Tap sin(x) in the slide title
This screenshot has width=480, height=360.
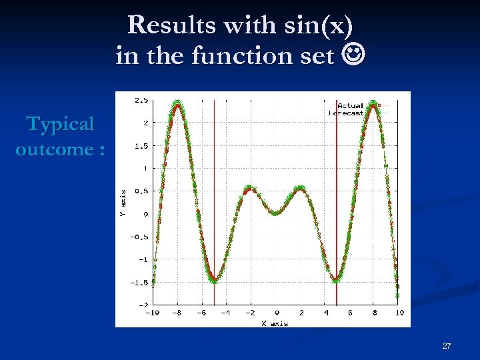(316, 26)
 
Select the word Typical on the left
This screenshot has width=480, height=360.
(61, 124)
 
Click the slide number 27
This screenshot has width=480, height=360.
(447, 346)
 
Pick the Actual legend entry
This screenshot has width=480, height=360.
(350, 105)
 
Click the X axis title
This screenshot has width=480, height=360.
(274, 323)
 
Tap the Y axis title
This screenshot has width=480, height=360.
(122, 203)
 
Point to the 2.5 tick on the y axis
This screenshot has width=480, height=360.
(141, 100)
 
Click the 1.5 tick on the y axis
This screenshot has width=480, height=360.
(141, 145)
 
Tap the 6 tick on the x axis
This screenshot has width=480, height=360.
(350, 313)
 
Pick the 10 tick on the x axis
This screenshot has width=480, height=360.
(399, 313)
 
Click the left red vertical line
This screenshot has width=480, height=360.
(214, 200)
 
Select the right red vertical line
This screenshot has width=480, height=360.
(337, 200)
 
